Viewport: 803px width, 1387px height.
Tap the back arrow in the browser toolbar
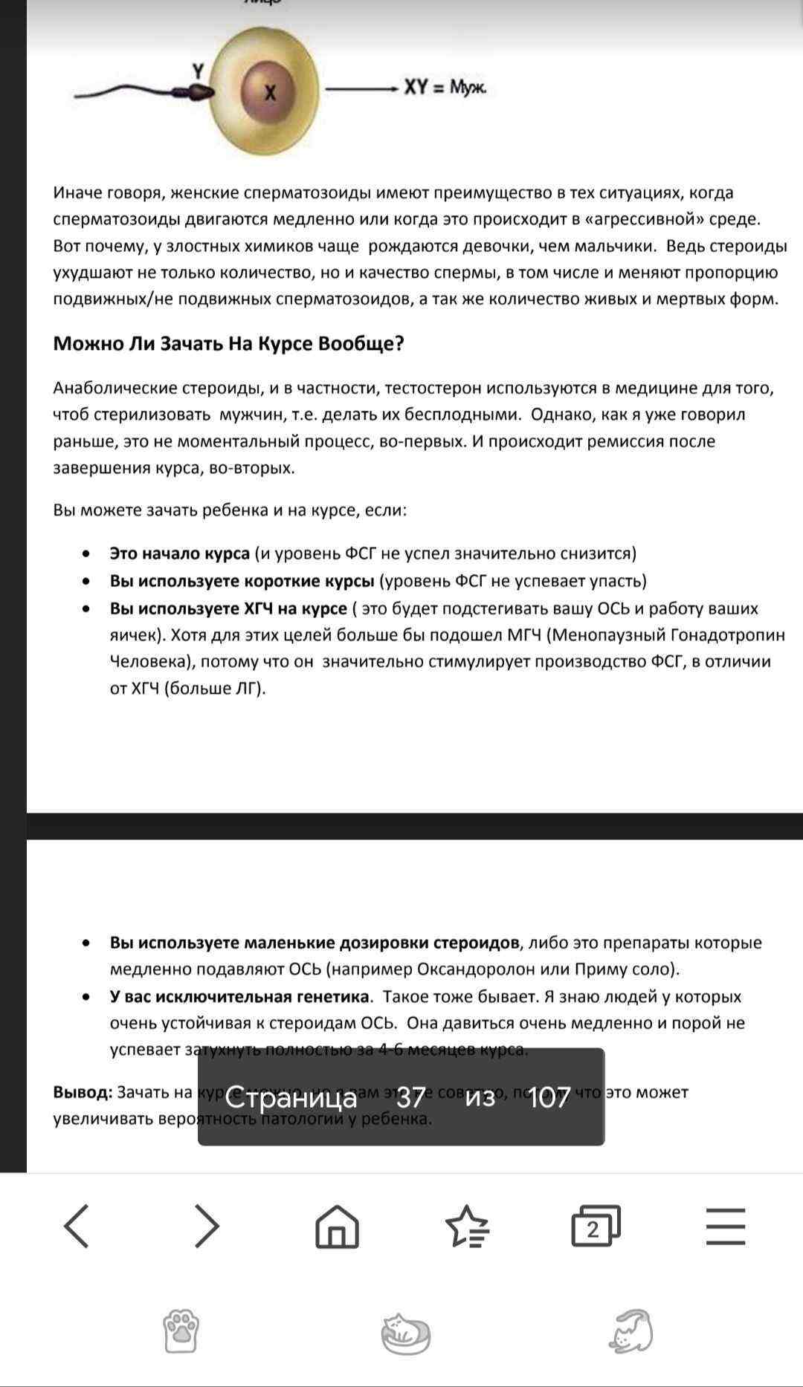77,1226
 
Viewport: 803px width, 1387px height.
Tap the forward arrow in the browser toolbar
207,1226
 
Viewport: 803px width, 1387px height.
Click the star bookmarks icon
466,1226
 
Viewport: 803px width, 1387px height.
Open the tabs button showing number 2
595,1226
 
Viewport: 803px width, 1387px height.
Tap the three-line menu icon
725,1226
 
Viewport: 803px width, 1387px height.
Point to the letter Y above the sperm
198,71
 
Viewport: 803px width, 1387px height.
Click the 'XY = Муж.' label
445,88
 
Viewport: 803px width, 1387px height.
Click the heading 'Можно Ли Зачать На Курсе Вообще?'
228,344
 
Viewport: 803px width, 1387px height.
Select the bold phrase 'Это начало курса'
179,553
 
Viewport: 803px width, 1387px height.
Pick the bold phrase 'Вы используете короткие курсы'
242,581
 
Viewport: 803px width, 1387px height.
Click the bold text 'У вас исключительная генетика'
239,996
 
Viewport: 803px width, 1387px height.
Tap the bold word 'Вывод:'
83,1092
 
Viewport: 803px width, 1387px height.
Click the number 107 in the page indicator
549,1097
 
